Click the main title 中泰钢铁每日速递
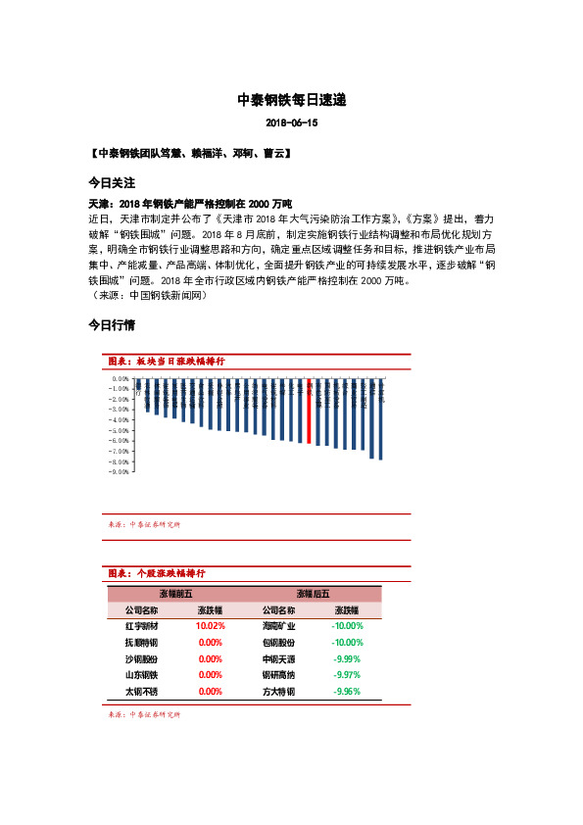point(292,101)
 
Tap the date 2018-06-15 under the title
point(292,123)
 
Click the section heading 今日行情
point(111,324)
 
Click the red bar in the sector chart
point(310,412)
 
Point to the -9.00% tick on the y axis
point(121,471)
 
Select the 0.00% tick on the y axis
point(121,377)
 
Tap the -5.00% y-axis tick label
point(121,430)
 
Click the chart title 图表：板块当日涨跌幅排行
point(167,362)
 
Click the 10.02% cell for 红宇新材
point(211,625)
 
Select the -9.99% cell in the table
point(347,658)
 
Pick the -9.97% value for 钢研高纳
point(347,675)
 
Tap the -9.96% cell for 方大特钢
point(347,692)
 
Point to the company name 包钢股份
point(279,642)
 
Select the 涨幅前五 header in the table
point(175,594)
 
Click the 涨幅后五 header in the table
point(313,594)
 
